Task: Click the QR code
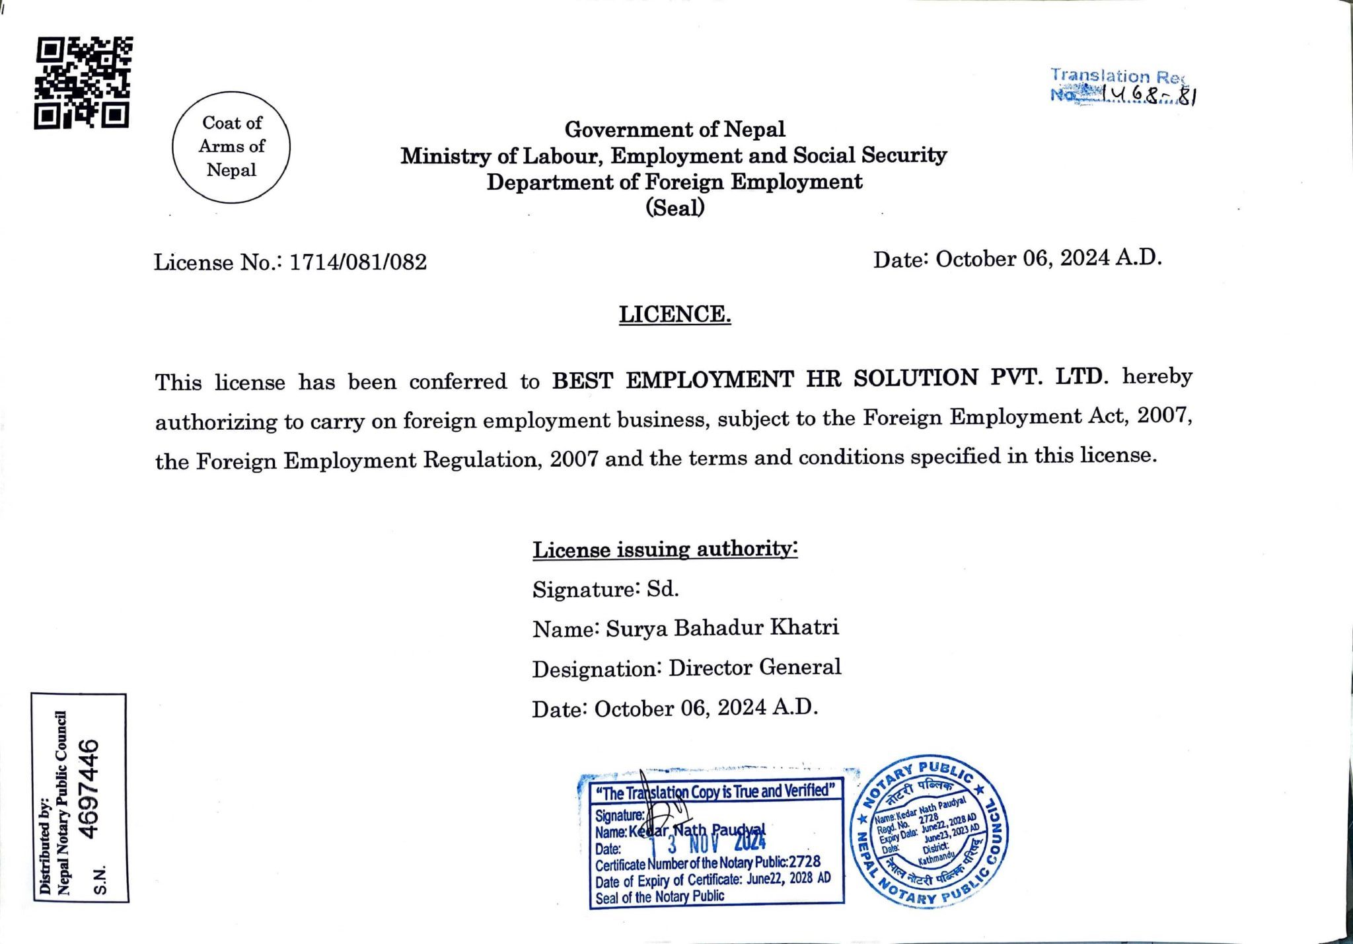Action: [x=83, y=83]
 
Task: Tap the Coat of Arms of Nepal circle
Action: [x=231, y=146]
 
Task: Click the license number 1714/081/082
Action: [x=358, y=262]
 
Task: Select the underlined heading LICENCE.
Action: [x=675, y=314]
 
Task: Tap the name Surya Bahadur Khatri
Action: [x=722, y=627]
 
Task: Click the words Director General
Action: [x=754, y=668]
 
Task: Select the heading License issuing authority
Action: [x=665, y=549]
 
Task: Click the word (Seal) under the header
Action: [x=675, y=208]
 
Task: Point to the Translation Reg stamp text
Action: [x=1118, y=76]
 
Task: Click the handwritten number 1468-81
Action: [x=1150, y=97]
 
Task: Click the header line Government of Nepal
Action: [x=675, y=130]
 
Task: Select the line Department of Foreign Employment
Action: [x=675, y=182]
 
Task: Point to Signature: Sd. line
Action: [x=606, y=589]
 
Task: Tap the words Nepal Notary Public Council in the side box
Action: [x=63, y=803]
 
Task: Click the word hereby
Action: [x=1157, y=376]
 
